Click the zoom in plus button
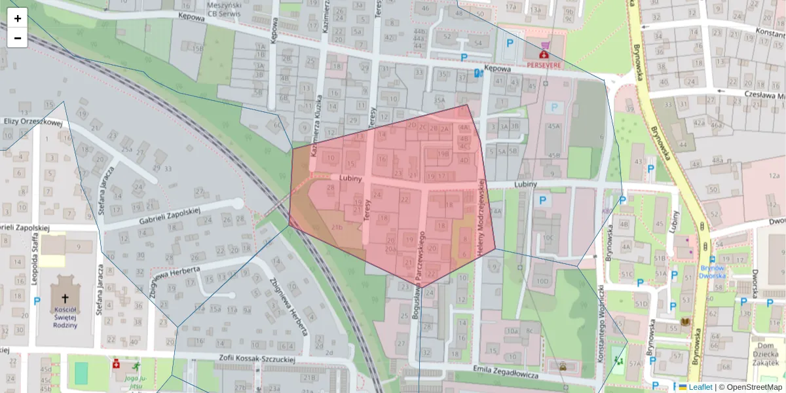18,18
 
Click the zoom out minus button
18,38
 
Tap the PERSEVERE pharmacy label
544,66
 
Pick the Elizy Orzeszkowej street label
33,121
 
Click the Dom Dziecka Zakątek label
767,353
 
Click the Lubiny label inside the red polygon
351,178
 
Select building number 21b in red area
337,227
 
